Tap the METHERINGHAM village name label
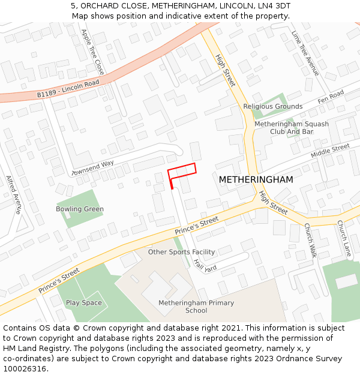256,180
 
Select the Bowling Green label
80,209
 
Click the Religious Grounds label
272,107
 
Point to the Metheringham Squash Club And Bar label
292,128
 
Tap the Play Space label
84,303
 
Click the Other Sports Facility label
181,252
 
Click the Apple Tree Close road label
93,53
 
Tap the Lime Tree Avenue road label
305,53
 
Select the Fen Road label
331,97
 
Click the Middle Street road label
330,151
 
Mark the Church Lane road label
343,238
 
